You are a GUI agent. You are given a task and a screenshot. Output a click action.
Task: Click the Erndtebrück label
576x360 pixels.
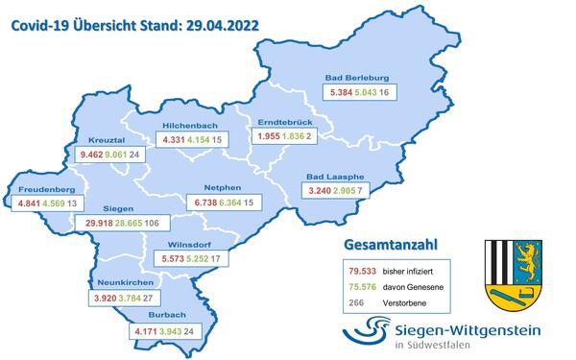coord(279,122)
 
